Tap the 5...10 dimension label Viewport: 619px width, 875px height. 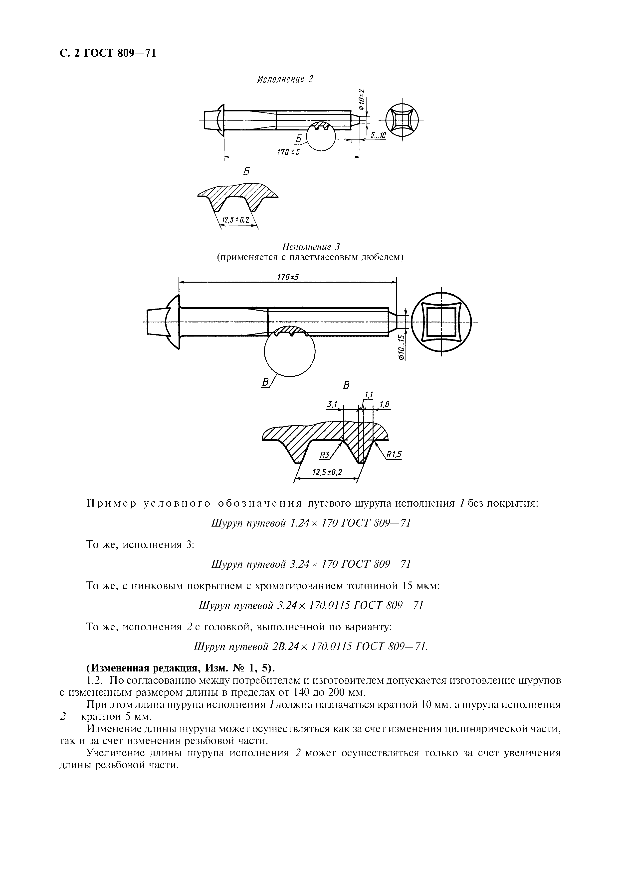pos(378,135)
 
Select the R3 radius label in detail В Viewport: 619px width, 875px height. pos(325,455)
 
